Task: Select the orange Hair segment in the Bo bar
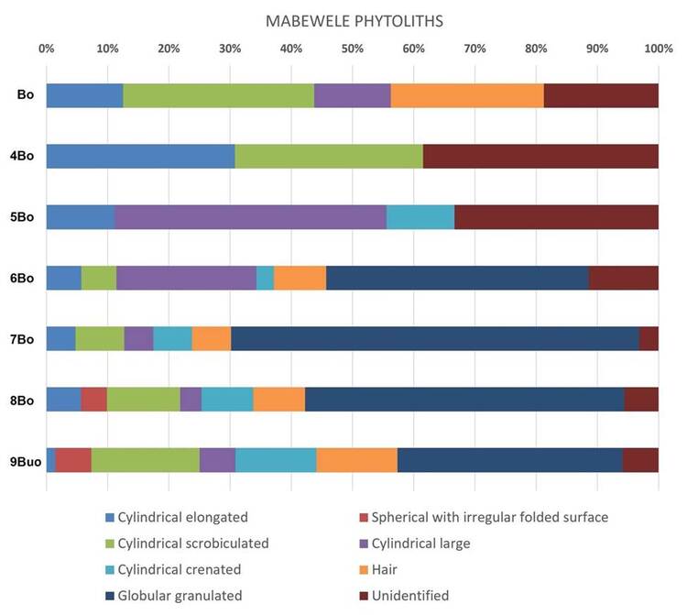pyautogui.click(x=467, y=95)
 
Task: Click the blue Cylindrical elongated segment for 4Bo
pyautogui.click(x=140, y=156)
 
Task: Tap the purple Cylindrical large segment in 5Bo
pyautogui.click(x=250, y=216)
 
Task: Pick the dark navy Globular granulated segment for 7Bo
pyautogui.click(x=435, y=338)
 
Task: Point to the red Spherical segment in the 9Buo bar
pyautogui.click(x=73, y=460)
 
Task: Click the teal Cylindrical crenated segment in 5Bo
pyautogui.click(x=420, y=216)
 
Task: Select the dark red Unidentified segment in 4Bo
pyautogui.click(x=540, y=156)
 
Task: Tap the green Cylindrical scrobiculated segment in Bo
pyautogui.click(x=218, y=95)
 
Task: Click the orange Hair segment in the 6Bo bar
pyautogui.click(x=300, y=278)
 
